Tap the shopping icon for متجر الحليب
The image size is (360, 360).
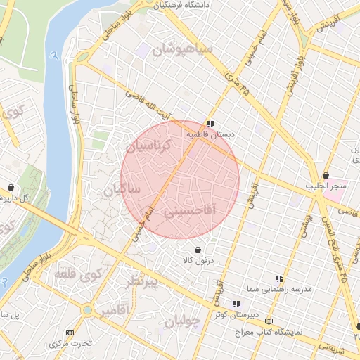tap(326, 175)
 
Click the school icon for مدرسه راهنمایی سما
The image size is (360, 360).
tap(280, 278)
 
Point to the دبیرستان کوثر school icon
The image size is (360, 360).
tap(236, 304)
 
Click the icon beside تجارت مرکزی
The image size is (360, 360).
tap(69, 333)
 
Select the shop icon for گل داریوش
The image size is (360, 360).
tap(11, 188)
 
